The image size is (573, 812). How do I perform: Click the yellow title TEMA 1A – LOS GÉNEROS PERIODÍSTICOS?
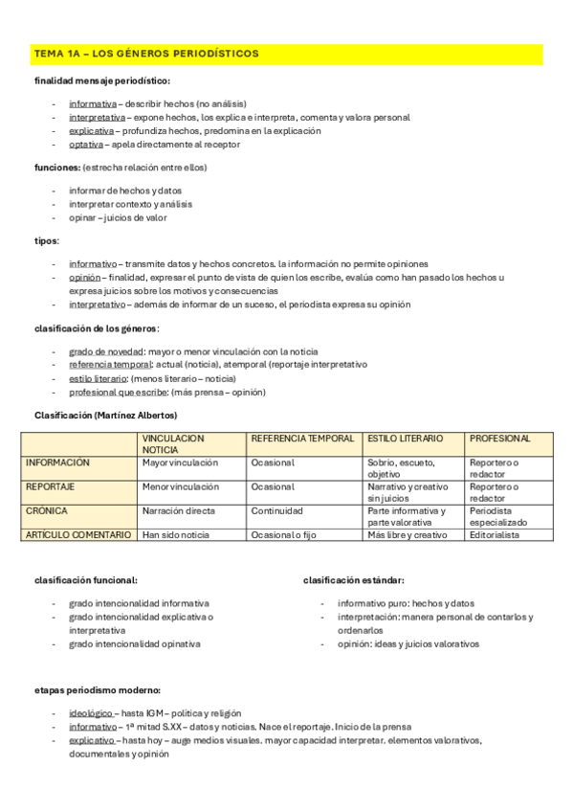(x=145, y=54)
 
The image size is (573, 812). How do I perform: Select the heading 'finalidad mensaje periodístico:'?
(x=102, y=81)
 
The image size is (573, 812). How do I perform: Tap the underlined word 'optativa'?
(x=85, y=145)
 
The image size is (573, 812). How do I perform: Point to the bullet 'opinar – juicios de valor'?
(x=118, y=217)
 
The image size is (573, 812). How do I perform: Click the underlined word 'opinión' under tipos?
(x=84, y=277)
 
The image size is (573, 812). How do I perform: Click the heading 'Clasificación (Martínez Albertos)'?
(x=105, y=415)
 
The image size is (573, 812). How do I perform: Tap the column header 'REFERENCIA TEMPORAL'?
(x=301, y=439)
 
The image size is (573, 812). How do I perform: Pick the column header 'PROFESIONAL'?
(x=499, y=439)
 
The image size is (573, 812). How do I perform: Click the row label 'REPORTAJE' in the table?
(x=50, y=486)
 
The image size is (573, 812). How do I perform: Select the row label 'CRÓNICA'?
(x=47, y=511)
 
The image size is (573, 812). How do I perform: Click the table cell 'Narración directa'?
(x=178, y=511)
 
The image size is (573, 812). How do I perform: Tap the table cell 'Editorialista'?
(x=494, y=535)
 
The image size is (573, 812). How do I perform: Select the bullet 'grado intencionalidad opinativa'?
(x=135, y=644)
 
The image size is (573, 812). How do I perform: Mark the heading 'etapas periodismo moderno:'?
(x=97, y=689)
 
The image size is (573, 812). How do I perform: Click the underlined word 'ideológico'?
(x=91, y=713)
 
